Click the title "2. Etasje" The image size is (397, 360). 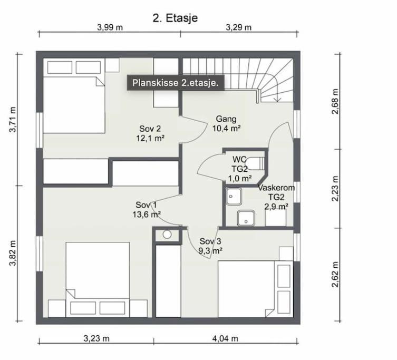[175, 18]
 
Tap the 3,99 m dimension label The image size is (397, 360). [110, 27]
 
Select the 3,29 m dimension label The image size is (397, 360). [239, 27]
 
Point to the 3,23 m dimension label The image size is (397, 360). [96, 338]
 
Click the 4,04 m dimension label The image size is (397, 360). [225, 338]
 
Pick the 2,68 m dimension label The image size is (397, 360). [335, 102]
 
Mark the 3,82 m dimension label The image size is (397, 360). [13, 253]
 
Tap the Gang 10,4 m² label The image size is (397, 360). [226, 123]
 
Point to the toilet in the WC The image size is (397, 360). [256, 163]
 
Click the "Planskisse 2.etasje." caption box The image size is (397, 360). [176, 83]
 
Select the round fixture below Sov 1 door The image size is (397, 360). [167, 235]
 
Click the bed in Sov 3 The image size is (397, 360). [255, 289]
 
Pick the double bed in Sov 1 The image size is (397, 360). [98, 279]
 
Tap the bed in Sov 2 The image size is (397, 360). [74, 96]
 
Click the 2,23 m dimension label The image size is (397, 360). [335, 189]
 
